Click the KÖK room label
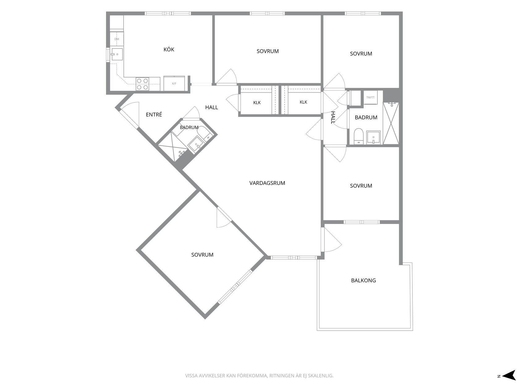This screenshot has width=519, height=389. coord(169,49)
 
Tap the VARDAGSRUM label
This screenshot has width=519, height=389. coord(267,183)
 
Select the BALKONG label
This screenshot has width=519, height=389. coord(363,281)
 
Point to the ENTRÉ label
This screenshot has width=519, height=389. coord(154,115)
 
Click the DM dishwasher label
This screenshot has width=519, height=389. coord(116,39)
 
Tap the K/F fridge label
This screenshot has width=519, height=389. coord(174,84)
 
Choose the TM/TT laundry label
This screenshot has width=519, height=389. coord(370,97)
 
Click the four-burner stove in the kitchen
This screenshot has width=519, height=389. coord(142,84)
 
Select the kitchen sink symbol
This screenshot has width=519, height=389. coord(117,55)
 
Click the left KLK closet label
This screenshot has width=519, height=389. coord(257,103)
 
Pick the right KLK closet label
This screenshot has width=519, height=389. coord(303,102)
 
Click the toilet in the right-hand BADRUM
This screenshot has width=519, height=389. coord(358,136)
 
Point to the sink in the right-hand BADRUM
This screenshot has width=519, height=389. coord(373,137)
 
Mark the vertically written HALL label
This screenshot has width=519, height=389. coord(333,118)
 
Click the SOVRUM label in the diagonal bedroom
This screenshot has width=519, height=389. coord(202,255)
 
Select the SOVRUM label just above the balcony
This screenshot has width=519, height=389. coord(361,186)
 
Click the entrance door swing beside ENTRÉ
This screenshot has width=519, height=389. coord(130,115)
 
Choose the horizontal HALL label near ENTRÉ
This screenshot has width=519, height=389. coord(211,107)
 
